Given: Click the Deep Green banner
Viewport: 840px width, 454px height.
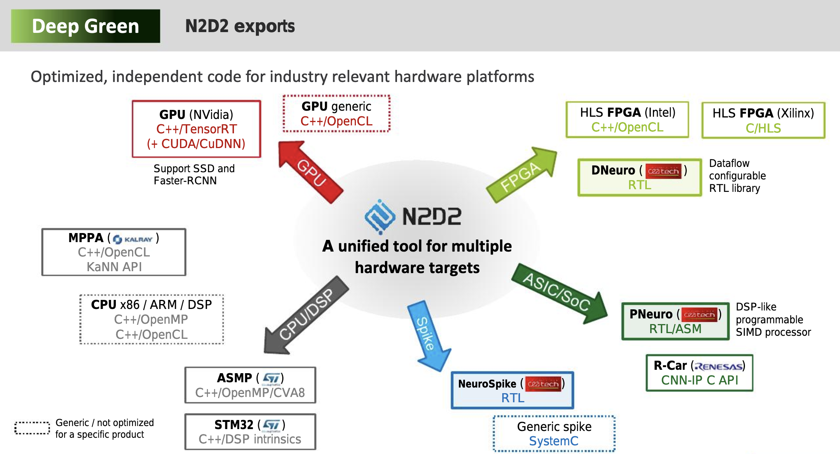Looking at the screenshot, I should click(86, 26).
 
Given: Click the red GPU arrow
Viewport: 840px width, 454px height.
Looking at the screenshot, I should click(310, 172).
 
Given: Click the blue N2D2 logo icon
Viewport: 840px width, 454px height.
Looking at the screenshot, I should click(380, 216).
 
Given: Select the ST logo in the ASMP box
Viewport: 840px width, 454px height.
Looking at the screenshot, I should click(271, 378).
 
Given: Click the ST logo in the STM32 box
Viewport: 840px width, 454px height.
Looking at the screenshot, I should click(272, 425).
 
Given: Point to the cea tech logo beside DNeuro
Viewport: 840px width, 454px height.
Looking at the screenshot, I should click(663, 171).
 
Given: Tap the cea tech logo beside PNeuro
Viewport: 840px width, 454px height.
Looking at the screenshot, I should click(699, 315).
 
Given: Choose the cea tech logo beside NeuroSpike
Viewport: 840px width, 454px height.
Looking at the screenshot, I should click(543, 384).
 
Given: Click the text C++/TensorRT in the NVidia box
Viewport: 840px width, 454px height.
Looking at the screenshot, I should click(196, 129).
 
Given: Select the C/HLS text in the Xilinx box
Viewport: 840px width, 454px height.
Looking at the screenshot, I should click(763, 128).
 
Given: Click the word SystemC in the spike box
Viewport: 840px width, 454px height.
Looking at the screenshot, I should click(554, 441).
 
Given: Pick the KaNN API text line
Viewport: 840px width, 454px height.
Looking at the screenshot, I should click(114, 267).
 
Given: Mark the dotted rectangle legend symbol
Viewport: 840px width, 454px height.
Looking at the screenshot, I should click(32, 428).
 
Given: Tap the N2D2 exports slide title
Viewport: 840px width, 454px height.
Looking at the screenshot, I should click(240, 26).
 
